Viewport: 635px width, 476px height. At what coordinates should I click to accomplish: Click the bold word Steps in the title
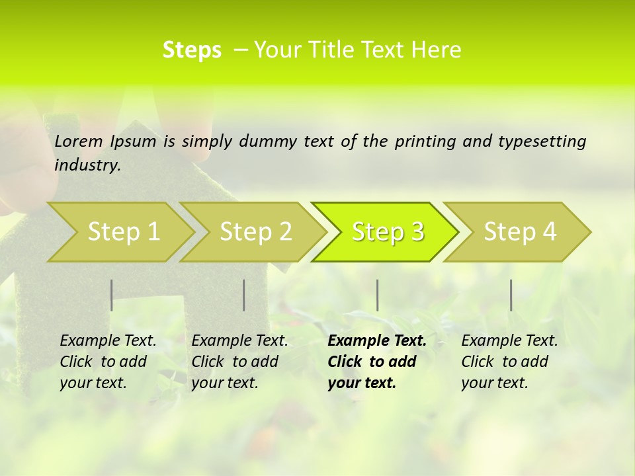click(192, 50)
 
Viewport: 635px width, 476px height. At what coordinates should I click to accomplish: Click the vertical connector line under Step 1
click(112, 295)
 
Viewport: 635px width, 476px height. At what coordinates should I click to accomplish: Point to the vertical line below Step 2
click(244, 295)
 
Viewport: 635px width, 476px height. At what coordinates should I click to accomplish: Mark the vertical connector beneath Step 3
click(378, 295)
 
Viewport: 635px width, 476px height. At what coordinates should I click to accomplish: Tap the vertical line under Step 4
click(511, 295)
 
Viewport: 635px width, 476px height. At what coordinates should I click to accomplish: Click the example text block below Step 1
click(108, 362)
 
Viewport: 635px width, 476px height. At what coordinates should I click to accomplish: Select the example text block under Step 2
click(239, 362)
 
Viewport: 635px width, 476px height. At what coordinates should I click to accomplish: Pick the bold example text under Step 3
click(377, 362)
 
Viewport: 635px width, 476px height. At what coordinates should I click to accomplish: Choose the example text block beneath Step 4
click(509, 362)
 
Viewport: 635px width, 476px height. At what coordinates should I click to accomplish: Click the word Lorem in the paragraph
click(79, 141)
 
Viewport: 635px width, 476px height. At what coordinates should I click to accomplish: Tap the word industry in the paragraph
click(87, 165)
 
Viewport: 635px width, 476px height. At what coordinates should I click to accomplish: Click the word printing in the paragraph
click(425, 141)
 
